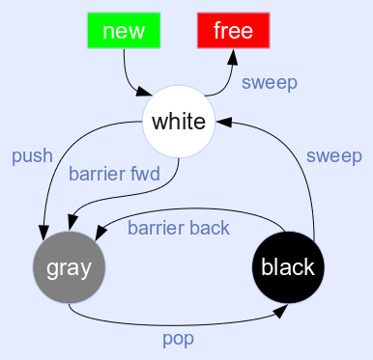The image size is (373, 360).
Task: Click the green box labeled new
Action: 123,30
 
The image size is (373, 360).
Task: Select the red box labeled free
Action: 233,30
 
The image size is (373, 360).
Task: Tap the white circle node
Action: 179,122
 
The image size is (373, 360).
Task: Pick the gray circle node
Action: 69,267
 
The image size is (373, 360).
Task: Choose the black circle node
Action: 288,267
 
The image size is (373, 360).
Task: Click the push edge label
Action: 32,155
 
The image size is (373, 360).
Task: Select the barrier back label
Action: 179,228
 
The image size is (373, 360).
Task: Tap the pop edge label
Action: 178,339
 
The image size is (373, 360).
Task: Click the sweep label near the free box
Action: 270,82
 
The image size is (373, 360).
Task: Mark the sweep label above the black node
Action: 333,155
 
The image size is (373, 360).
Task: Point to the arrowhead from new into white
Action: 144,94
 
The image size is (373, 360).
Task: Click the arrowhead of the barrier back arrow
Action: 100,233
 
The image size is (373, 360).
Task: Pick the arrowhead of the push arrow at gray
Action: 43,231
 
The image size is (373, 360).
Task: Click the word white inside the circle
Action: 179,122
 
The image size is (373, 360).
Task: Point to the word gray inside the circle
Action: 69,267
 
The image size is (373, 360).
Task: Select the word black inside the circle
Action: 288,267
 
